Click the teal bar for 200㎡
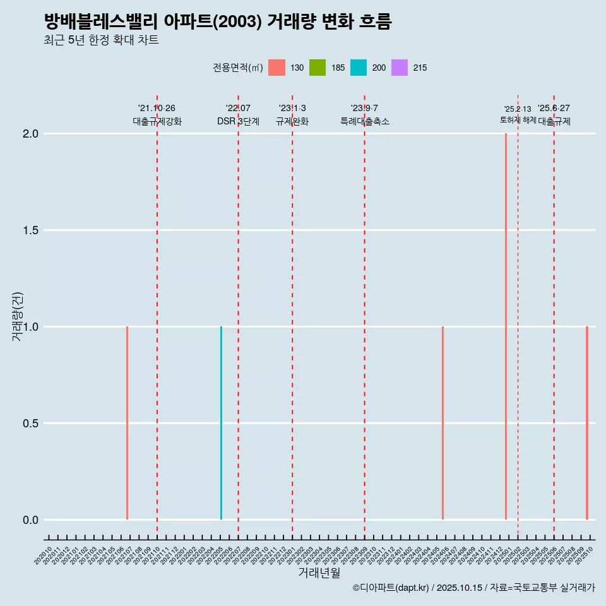221,423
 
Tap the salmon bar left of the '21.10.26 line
127,423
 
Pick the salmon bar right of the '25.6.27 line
586,423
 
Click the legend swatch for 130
276,68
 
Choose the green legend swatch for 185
318,68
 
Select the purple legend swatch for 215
400,68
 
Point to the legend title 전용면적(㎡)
237,68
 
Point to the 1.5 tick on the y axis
30,230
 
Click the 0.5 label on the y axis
30,424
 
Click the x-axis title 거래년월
319,573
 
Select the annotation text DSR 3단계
238,121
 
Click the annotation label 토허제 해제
518,119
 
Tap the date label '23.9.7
364,108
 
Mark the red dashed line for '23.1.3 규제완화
292,316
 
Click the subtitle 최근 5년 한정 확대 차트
101,40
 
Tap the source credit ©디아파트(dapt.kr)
391,588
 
